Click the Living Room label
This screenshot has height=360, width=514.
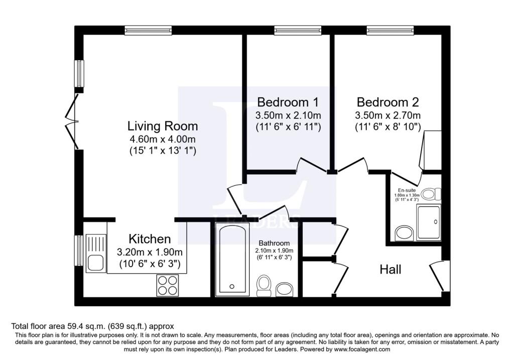coord(162,126)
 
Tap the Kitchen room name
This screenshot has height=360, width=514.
coord(150,238)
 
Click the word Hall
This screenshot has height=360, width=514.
coord(390,270)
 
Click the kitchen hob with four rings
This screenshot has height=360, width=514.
coord(168,285)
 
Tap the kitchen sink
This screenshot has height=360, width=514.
coord(94,262)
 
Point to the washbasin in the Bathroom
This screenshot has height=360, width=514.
coord(284,289)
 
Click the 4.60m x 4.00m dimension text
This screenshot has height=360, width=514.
coord(162,139)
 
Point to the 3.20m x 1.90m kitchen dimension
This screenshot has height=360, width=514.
coord(150,252)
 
